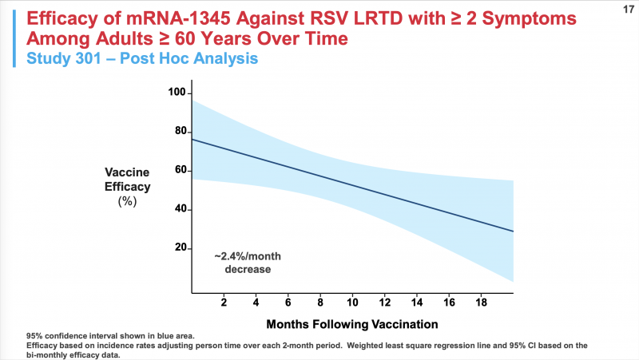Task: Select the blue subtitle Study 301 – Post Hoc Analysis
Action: pyautogui.click(x=143, y=57)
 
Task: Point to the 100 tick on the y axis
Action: pyautogui.click(x=177, y=93)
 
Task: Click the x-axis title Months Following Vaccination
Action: pyautogui.click(x=352, y=325)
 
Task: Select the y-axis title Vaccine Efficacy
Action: pyautogui.click(x=127, y=179)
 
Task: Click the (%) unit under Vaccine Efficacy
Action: pyautogui.click(x=127, y=201)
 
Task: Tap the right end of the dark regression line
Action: pyautogui.click(x=512, y=231)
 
